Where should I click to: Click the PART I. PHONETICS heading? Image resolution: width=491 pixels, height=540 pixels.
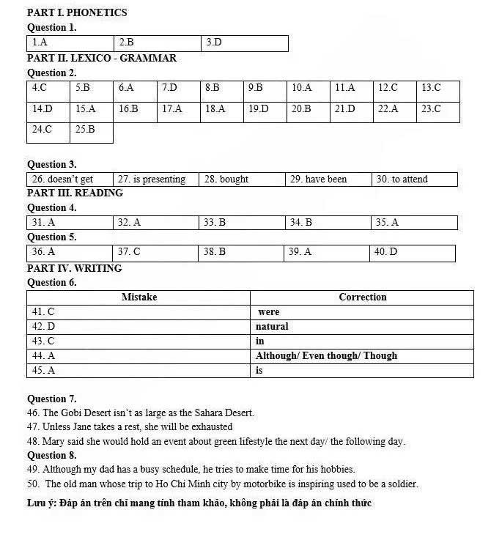pyautogui.click(x=77, y=12)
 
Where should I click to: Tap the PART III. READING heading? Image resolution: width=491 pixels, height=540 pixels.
pyautogui.click(x=75, y=193)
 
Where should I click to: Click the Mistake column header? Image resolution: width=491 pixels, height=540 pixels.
pyautogui.click(x=139, y=297)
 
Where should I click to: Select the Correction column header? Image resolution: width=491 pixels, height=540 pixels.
pyautogui.click(x=362, y=297)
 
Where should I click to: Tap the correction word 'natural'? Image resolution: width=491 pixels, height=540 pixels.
pyautogui.click(x=272, y=327)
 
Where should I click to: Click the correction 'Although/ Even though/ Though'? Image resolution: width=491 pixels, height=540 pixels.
pyautogui.click(x=326, y=356)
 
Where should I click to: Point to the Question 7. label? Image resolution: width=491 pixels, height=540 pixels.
pyautogui.click(x=52, y=399)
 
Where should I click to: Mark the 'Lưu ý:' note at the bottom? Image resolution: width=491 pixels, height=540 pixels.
pyautogui.click(x=42, y=503)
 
